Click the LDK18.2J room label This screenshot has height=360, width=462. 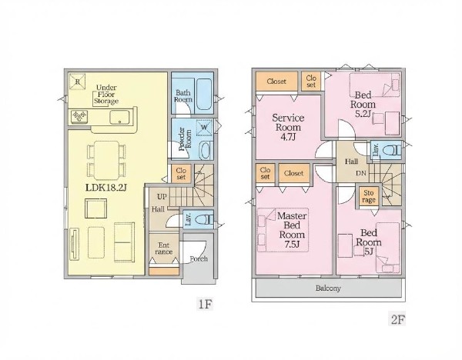tap(106, 188)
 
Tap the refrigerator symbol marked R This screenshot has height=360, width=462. tap(78, 82)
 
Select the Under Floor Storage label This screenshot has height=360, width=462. tap(106, 95)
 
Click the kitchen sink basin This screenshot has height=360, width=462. tap(119, 118)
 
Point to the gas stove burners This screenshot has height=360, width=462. tap(79, 117)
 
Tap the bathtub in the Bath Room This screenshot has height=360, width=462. tap(204, 94)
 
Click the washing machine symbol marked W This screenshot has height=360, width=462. tap(204, 128)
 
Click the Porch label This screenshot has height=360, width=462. tap(199, 258)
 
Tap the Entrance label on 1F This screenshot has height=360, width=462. tap(164, 248)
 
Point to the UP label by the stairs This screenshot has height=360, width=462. tap(162, 197)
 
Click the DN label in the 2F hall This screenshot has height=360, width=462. tap(361, 173)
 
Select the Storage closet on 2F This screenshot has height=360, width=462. tap(369, 196)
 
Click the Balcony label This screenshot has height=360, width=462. tap(328, 288)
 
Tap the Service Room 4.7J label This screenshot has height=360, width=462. tap(288, 127)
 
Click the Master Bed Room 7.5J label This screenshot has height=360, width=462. tap(292, 229)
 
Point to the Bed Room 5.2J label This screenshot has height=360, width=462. tap(363, 104)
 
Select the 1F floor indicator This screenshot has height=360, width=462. tap(205, 304)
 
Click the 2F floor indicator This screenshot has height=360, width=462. tap(397, 319)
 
